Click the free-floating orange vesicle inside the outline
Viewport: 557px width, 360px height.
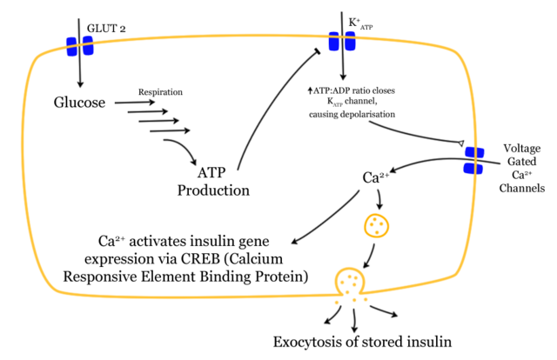coord(377,226)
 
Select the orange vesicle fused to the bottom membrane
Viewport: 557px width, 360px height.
coord(350,282)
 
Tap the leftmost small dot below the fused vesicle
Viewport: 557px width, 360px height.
coord(337,303)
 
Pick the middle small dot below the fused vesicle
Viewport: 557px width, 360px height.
coord(354,300)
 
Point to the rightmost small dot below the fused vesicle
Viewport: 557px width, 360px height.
coord(366,300)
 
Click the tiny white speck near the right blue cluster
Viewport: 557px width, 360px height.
coord(460,143)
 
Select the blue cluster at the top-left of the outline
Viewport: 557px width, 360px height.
coord(80,46)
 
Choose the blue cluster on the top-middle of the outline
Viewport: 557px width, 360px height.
coord(342,41)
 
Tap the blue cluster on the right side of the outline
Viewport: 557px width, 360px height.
coord(474,161)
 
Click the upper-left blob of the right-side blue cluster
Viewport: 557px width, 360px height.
coord(469,153)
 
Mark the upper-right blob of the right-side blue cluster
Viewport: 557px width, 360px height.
coord(480,153)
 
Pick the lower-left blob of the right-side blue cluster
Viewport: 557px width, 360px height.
coord(468,168)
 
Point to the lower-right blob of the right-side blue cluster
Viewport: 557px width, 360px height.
coord(480,169)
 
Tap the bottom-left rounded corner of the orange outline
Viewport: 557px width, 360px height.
coord(52,285)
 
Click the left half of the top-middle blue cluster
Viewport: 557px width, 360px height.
coord(334,41)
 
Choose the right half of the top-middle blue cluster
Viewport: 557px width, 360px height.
coord(350,41)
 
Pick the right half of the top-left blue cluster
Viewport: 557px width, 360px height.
coord(88,45)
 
